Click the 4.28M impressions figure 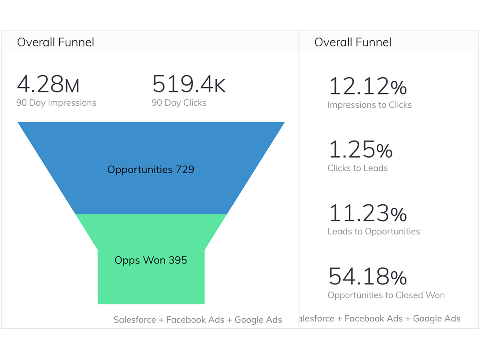(48, 84)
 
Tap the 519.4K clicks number (189, 84)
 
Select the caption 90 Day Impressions (56, 103)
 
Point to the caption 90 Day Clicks (179, 103)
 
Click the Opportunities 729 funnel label (150, 170)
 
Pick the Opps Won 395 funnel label (150, 260)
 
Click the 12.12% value (368, 86)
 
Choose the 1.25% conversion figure (360, 150)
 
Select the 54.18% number (368, 276)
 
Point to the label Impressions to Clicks (370, 105)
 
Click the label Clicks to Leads (358, 168)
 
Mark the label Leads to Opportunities (374, 231)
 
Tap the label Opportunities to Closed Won (386, 295)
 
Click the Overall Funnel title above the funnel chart (56, 42)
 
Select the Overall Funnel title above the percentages (353, 42)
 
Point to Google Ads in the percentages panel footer (436, 318)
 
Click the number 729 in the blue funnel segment (185, 170)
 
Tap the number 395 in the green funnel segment (178, 260)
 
